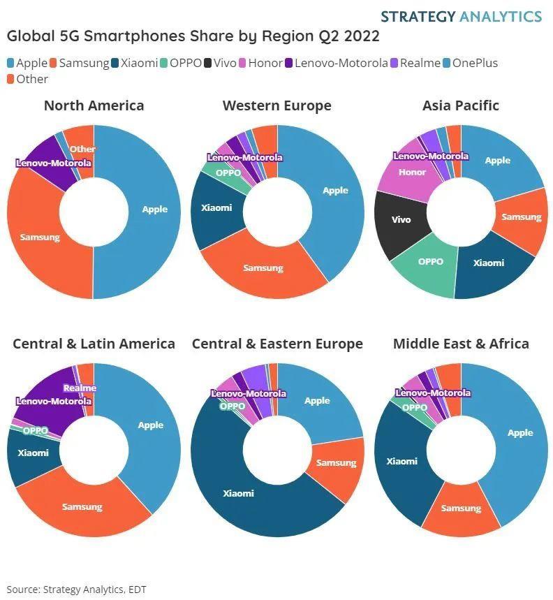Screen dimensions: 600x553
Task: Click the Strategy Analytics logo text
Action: point(461,16)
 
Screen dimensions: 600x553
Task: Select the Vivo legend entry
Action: point(219,63)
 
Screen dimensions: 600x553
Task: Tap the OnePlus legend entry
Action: point(469,63)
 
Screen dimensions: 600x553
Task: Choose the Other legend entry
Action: point(27,79)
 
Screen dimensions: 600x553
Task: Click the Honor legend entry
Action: point(260,63)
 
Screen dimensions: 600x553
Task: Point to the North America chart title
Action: point(94,105)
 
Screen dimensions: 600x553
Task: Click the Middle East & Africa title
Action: point(461,344)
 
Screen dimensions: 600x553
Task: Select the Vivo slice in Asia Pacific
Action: point(401,219)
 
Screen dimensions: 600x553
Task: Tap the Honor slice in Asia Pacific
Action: point(412,172)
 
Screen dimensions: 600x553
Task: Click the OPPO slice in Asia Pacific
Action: point(430,262)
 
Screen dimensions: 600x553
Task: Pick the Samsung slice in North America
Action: point(40,237)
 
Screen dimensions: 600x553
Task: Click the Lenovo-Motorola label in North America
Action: point(54,163)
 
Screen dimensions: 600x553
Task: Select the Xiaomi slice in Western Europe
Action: point(216,207)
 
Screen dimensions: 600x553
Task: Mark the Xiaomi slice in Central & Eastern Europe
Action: point(238,493)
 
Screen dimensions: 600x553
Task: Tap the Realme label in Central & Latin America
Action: point(80,388)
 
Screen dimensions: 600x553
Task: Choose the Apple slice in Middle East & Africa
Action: point(519,433)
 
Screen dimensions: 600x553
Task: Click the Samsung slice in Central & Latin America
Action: point(82,506)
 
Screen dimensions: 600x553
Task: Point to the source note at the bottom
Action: point(77,589)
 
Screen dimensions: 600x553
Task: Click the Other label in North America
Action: point(82,149)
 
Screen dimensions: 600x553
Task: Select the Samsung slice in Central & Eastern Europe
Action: point(336,462)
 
